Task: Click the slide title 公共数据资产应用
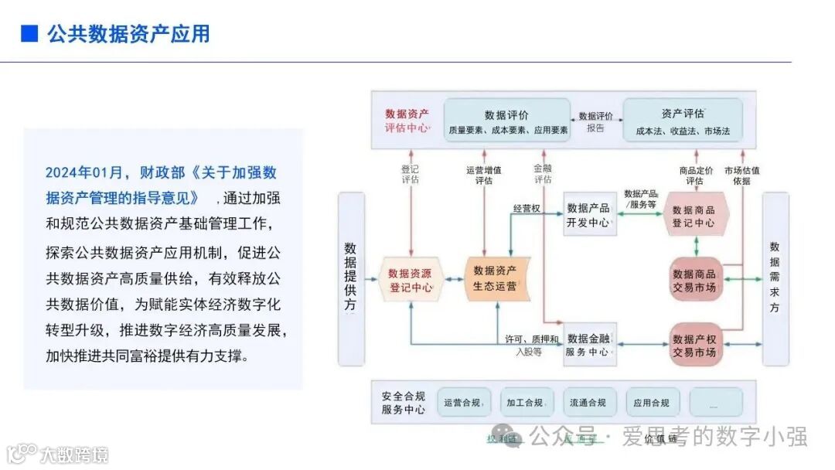[x=128, y=34]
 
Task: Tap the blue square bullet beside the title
[x=29, y=34]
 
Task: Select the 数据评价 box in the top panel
[x=507, y=121]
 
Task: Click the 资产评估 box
[x=683, y=121]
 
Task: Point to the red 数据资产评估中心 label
[x=407, y=121]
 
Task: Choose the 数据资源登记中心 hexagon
[x=410, y=280]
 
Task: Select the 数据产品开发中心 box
[x=588, y=215]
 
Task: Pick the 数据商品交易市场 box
[x=694, y=280]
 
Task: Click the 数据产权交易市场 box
[x=694, y=345]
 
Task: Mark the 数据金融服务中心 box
[x=588, y=345]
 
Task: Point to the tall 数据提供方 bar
[x=350, y=278]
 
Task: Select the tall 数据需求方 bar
[x=775, y=278]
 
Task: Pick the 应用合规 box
[x=652, y=403]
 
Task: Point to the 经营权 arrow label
[x=527, y=209]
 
